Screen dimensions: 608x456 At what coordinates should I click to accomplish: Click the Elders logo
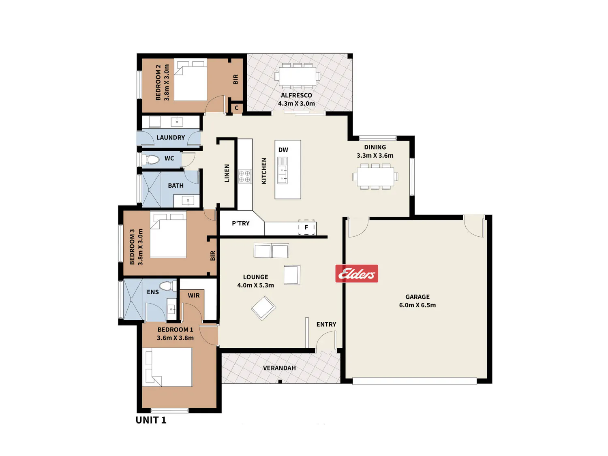coord(356,273)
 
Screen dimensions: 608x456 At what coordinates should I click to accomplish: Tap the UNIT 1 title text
coord(151,420)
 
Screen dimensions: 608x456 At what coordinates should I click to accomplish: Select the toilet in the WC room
coord(150,159)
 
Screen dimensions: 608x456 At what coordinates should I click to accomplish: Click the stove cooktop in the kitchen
coord(244,176)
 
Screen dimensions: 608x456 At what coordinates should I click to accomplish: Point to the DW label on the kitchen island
coord(283,150)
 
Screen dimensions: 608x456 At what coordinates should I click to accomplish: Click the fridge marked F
coord(306,227)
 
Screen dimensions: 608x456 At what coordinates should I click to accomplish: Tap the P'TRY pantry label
coord(241,223)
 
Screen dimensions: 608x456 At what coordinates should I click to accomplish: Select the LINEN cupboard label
coord(227,173)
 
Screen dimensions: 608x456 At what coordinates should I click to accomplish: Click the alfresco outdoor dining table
coord(298,75)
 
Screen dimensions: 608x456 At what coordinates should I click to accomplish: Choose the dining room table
coord(375,176)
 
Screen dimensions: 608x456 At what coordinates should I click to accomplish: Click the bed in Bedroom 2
coord(190,80)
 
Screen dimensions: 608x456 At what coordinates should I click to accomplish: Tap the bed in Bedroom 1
coord(167,367)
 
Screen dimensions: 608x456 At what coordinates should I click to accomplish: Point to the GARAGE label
coord(417,297)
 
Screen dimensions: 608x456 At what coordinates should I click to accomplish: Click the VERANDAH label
coord(279,368)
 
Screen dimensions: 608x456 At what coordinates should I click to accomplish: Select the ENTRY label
coord(326,324)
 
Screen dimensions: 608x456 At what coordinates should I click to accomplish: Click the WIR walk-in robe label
coord(194,295)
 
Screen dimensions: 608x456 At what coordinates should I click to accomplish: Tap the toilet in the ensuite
coord(168,286)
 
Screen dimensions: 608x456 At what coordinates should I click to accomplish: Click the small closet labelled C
coord(237,108)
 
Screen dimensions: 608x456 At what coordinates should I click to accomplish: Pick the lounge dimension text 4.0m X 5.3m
coord(255,285)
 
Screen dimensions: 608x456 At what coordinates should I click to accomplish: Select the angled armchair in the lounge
coord(263,308)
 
